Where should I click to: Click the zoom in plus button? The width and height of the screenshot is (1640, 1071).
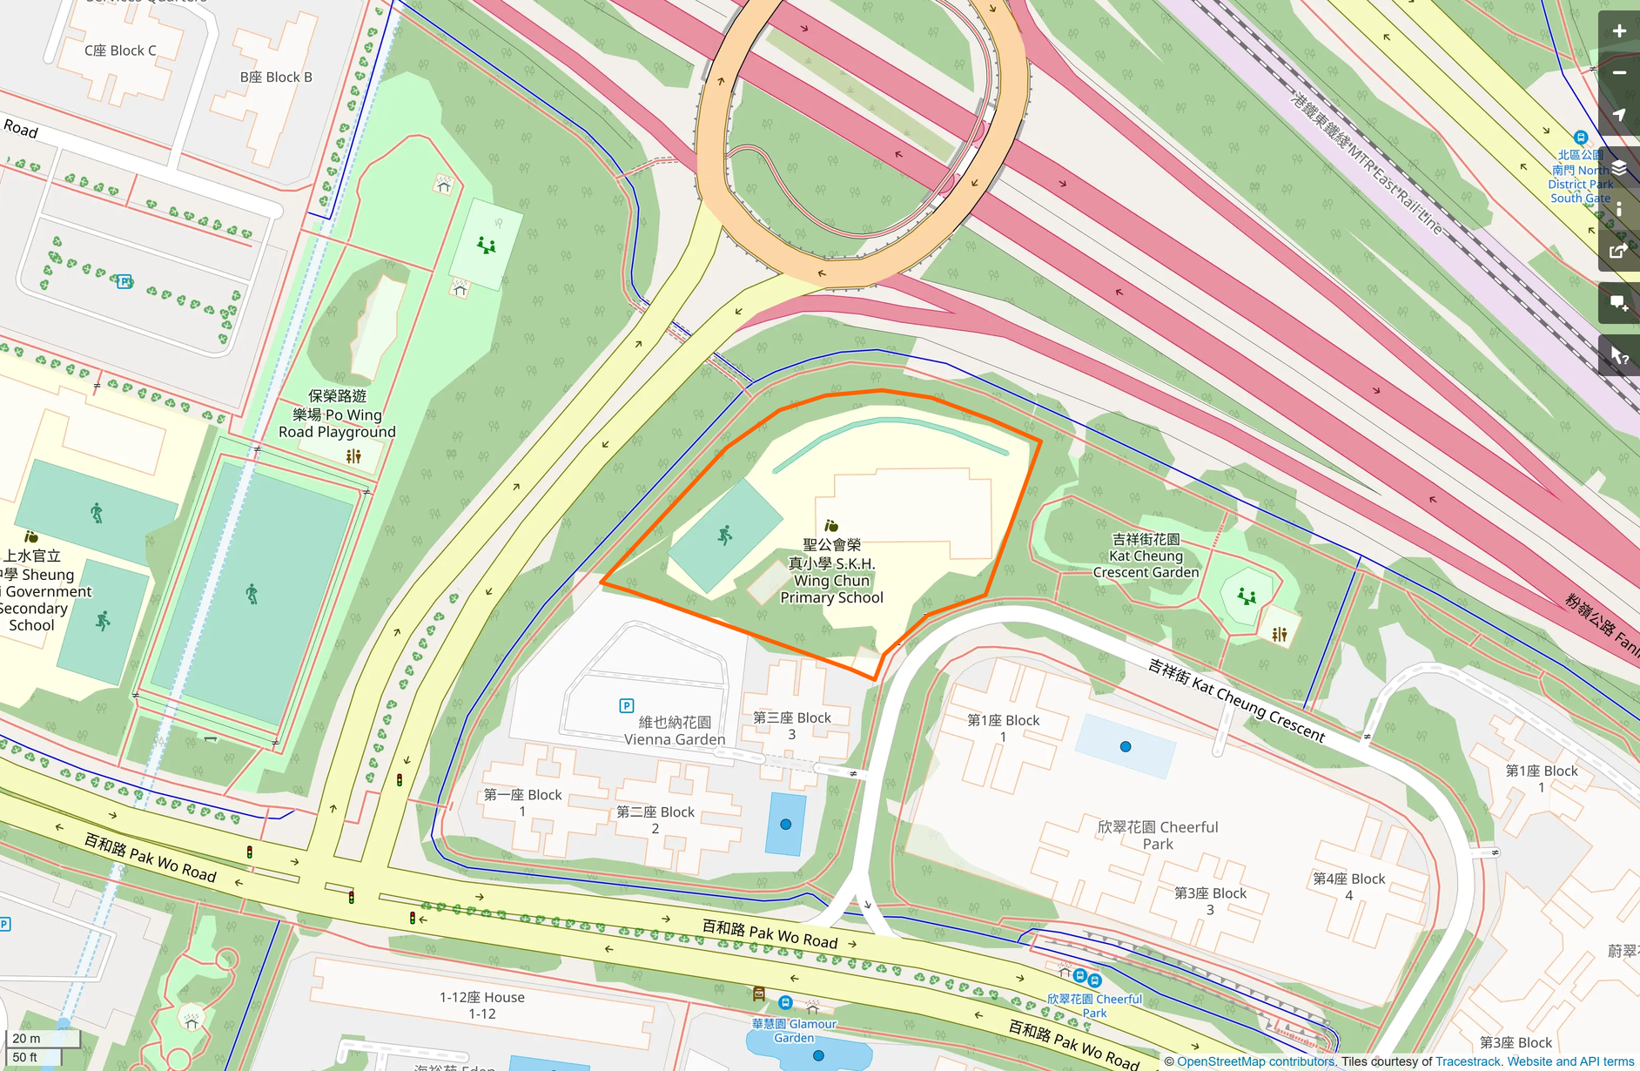[1619, 31]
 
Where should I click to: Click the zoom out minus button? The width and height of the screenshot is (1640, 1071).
[1619, 73]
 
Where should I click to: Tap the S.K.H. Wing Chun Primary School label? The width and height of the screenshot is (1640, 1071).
[831, 571]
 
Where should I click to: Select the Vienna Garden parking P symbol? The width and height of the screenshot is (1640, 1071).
[626, 705]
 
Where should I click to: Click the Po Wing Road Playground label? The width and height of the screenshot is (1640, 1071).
[337, 414]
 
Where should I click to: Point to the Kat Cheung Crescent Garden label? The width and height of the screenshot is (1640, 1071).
[1146, 556]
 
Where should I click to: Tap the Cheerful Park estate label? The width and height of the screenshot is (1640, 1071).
[1158, 835]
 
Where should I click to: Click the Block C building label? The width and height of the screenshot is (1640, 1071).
[120, 51]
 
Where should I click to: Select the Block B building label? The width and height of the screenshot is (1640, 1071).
[276, 77]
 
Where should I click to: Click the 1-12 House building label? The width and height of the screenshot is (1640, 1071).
[481, 1005]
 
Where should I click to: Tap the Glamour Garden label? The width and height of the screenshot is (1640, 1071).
[794, 1031]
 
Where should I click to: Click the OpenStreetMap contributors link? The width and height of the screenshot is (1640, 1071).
[1255, 1061]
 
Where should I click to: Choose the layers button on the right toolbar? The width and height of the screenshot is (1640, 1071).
[1619, 168]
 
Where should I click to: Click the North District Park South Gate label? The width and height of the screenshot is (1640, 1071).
[1581, 177]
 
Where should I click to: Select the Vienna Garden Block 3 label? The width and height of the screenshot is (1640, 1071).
[791, 725]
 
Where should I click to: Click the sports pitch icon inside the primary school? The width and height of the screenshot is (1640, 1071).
[724, 535]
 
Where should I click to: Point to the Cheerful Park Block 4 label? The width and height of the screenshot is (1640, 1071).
[1348, 886]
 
